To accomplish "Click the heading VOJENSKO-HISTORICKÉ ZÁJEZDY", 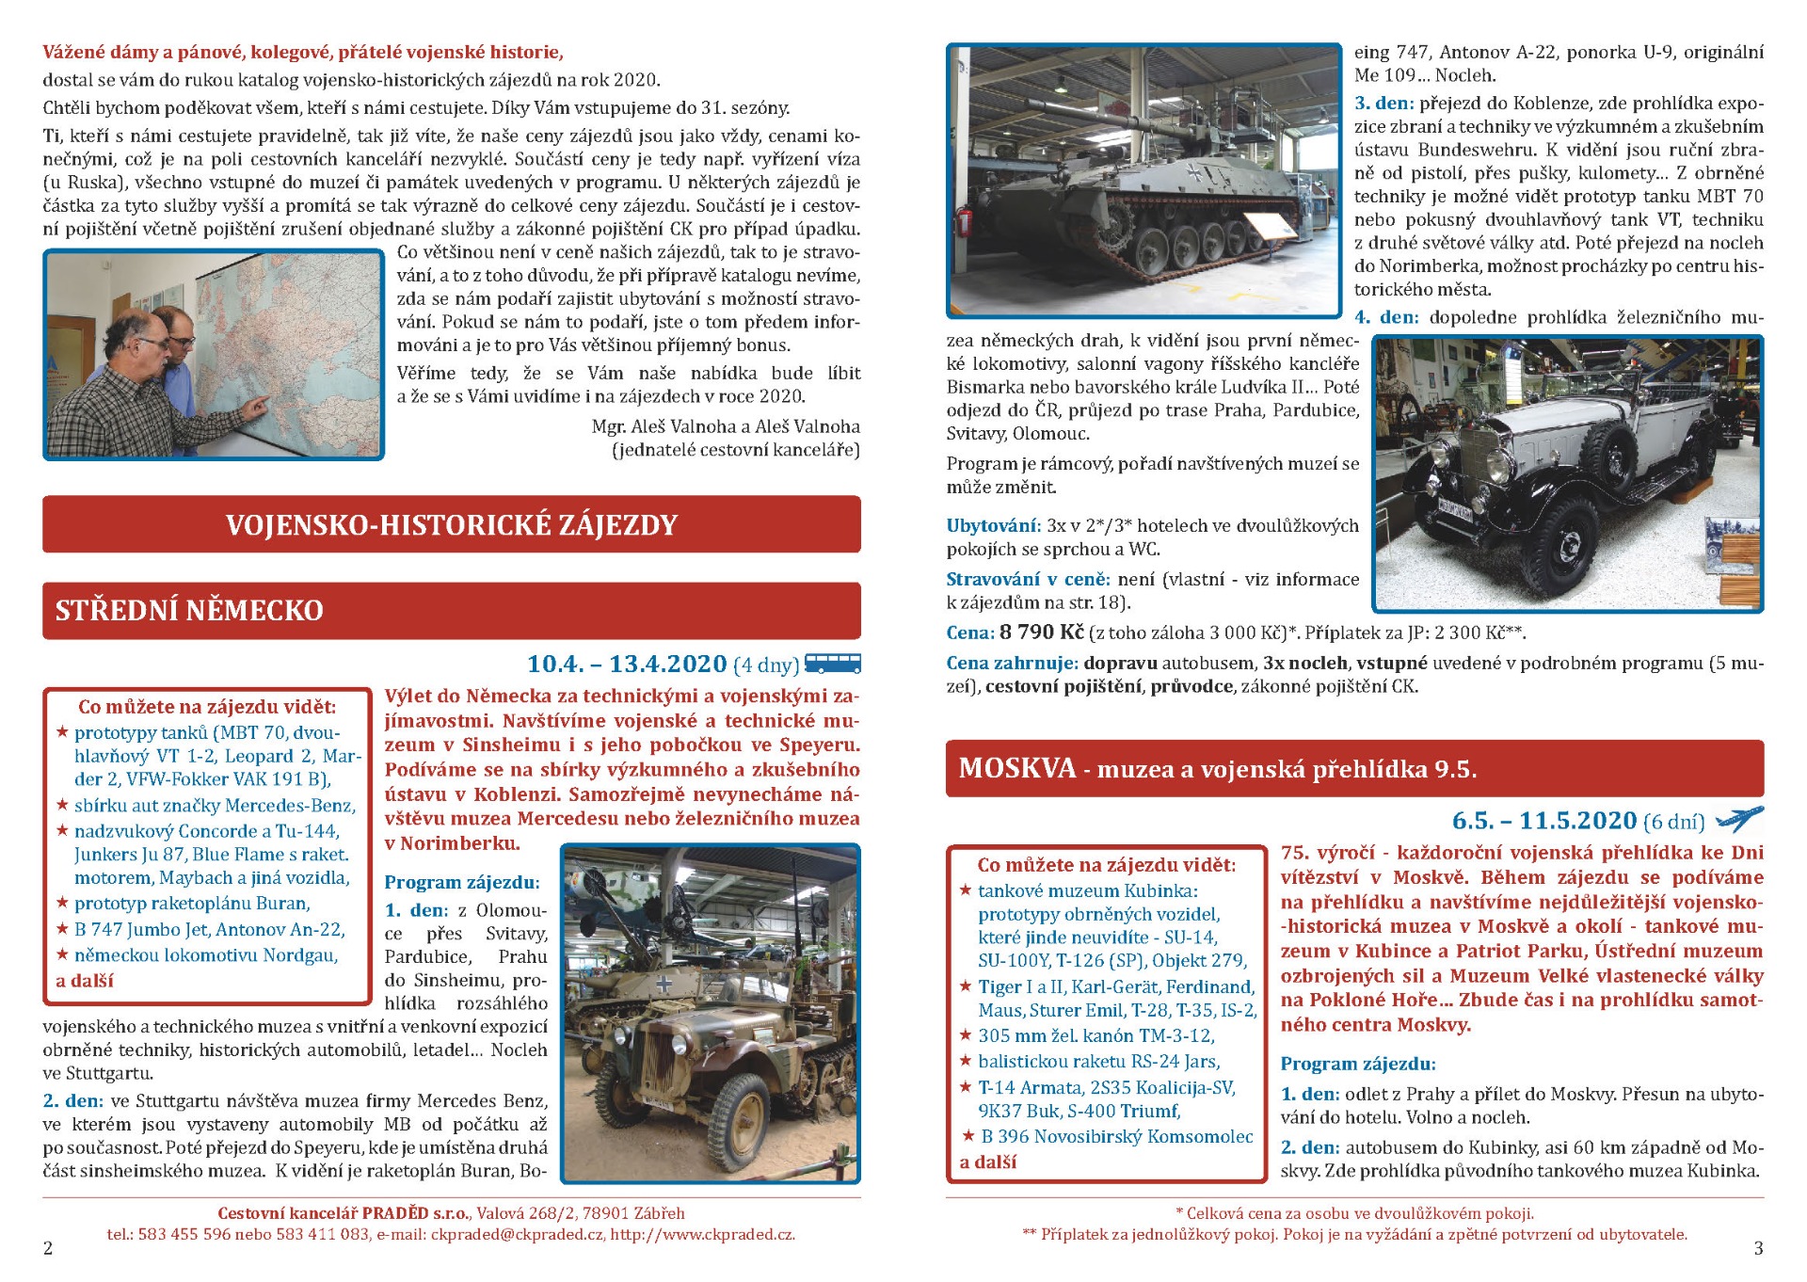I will point(451,525).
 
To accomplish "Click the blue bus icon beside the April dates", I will point(833,664).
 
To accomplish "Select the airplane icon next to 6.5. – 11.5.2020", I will point(1739,820).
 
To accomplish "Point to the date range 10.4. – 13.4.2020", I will point(627,665).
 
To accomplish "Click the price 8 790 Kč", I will point(1041,632).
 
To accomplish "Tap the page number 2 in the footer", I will point(48,1248).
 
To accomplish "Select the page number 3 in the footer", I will point(1758,1248).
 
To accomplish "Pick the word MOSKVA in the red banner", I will point(1016,769).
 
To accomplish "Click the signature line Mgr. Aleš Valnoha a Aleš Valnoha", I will point(726,426).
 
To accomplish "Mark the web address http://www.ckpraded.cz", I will point(701,1234).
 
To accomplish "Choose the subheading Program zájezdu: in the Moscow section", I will point(1358,1064).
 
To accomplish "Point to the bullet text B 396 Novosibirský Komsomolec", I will point(1116,1136).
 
